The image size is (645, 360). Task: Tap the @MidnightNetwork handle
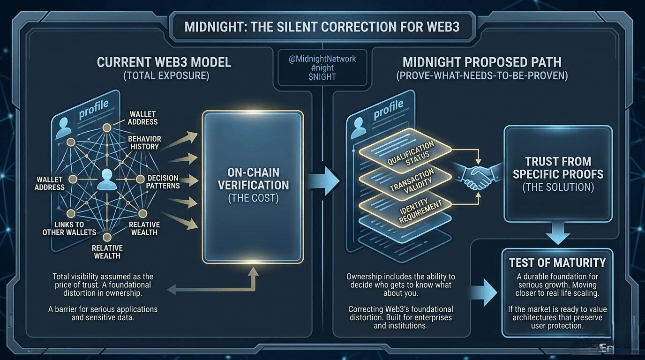pyautogui.click(x=322, y=59)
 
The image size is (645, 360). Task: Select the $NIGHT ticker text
pyautogui.click(x=322, y=77)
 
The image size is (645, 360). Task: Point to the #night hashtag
pyautogui.click(x=322, y=68)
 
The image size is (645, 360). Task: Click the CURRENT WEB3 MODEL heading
pyautogui.click(x=164, y=62)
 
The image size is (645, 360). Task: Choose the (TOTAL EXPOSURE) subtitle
pyautogui.click(x=164, y=75)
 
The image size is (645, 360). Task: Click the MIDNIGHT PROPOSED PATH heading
pyautogui.click(x=482, y=62)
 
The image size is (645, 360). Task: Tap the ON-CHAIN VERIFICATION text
pyautogui.click(x=253, y=178)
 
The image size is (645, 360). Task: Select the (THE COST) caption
pyautogui.click(x=253, y=198)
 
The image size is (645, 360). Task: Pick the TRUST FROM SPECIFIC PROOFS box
pyautogui.click(x=558, y=173)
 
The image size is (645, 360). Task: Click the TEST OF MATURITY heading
pyautogui.click(x=557, y=262)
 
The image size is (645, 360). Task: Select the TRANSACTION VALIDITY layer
pyautogui.click(x=405, y=181)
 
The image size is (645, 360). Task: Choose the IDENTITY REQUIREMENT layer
pyautogui.click(x=405, y=207)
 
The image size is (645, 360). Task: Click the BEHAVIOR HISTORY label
pyautogui.click(x=144, y=142)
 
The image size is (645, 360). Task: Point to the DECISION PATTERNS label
pyautogui.click(x=163, y=181)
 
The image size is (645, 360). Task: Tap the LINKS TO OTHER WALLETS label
pyautogui.click(x=69, y=228)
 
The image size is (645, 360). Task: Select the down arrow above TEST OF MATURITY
pyautogui.click(x=558, y=232)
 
